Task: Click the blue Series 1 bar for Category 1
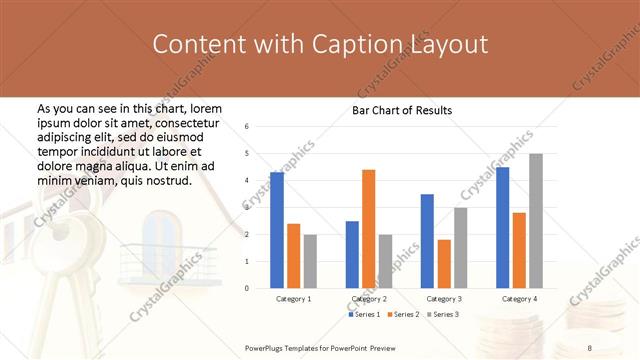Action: (277, 230)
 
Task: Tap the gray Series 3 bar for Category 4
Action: (536, 221)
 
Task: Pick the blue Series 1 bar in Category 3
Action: (427, 241)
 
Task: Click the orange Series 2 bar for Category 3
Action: (443, 264)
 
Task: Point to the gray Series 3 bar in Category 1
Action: (310, 261)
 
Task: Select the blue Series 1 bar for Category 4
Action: (503, 227)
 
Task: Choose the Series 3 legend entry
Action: (446, 315)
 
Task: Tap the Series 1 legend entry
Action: (364, 315)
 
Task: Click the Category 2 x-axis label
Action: (369, 299)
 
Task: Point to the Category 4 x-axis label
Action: (519, 299)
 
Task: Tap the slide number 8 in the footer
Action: (590, 345)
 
